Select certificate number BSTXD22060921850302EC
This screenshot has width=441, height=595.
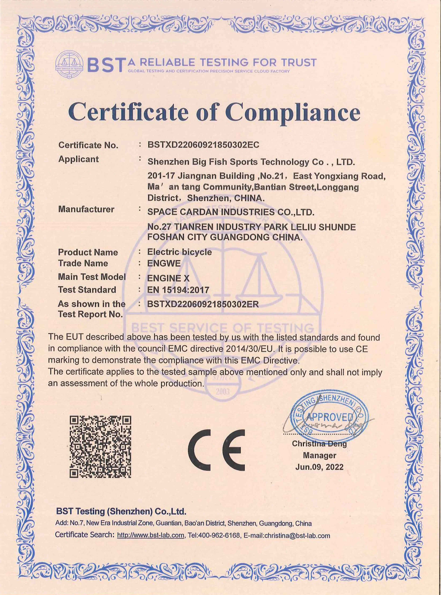pyautogui.click(x=203, y=145)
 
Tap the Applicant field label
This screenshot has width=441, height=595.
pyautogui.click(x=79, y=159)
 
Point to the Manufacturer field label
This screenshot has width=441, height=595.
pyautogui.click(x=86, y=209)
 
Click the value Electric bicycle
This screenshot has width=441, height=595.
pyautogui.click(x=179, y=252)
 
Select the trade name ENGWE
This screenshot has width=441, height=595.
pyautogui.click(x=164, y=264)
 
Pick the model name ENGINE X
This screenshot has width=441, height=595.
pyautogui.click(x=168, y=278)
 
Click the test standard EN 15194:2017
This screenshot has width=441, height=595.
pyautogui.click(x=178, y=290)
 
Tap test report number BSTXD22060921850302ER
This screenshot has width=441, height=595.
pyautogui.click(x=203, y=304)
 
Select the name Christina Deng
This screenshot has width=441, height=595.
pyautogui.click(x=319, y=443)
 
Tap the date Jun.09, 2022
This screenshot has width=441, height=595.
pyautogui.click(x=319, y=467)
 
